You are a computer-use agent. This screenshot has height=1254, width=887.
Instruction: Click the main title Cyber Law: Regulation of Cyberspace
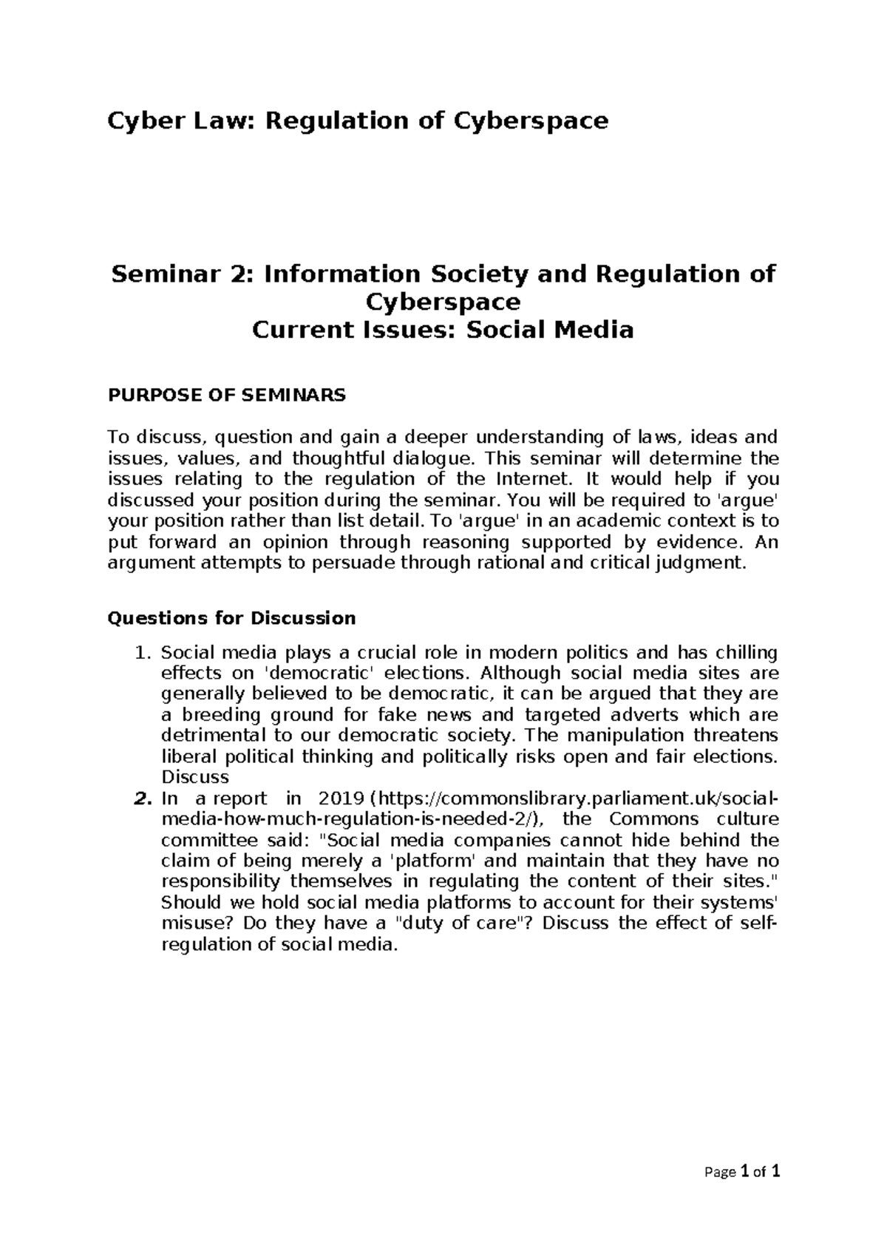(358, 120)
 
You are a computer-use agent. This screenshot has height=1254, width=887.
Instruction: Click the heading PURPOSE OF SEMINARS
(226, 395)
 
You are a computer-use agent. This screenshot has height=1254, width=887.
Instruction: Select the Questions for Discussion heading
(231, 617)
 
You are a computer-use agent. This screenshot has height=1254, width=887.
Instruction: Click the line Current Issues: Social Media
(443, 329)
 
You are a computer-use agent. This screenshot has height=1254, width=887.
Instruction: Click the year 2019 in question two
(341, 799)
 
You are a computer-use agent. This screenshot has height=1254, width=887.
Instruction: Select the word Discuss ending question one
(195, 777)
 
